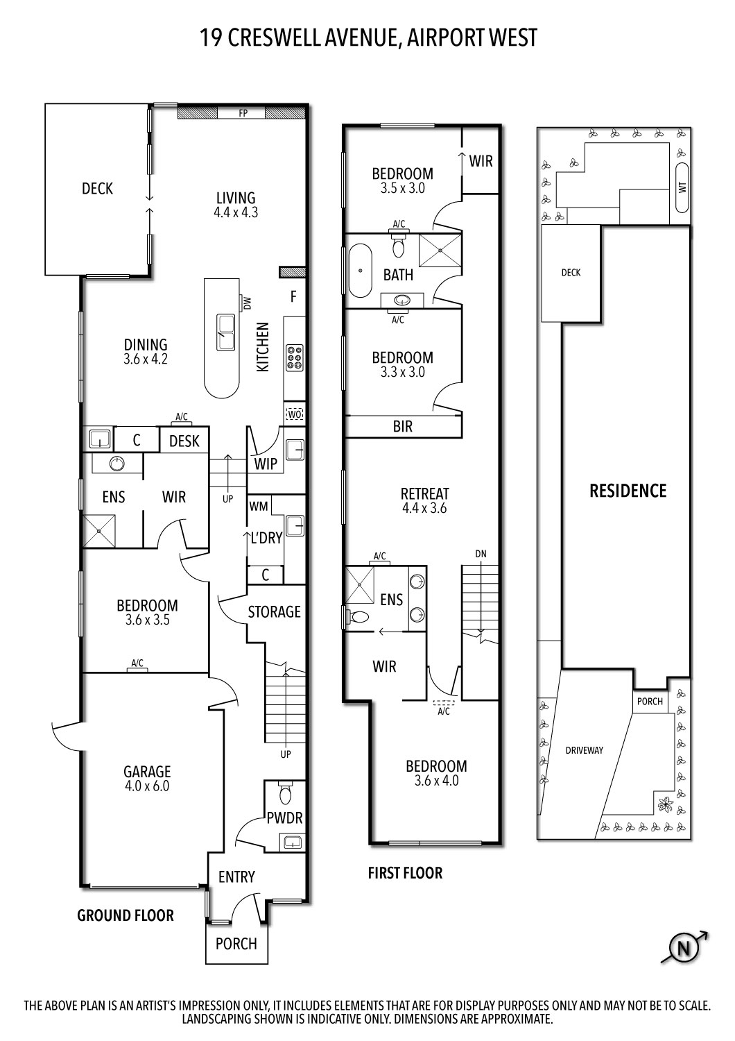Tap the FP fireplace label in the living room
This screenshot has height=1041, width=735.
pos(243,113)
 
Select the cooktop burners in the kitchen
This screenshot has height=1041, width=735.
pos(294,357)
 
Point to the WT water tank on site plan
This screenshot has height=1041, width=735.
pos(682,187)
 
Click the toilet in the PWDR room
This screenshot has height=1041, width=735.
pos(286,793)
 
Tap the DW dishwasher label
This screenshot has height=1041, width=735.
pos(245,303)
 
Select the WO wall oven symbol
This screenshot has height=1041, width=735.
pos(294,414)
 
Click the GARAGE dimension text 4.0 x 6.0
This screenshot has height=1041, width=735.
pos(147,786)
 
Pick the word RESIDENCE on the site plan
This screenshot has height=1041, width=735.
pos(628,491)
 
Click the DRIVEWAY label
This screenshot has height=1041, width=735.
pos(584,750)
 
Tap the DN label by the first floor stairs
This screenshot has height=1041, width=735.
pos(481,554)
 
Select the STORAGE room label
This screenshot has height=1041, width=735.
pos(275,611)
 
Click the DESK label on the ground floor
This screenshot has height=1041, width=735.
pos(184,441)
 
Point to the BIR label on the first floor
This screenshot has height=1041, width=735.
pos(402,426)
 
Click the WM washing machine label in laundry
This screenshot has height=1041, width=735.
pos(259,507)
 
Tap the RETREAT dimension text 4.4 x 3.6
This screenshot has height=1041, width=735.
pos(424,508)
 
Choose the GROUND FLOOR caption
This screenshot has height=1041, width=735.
pos(126,915)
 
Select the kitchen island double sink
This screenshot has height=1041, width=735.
pos(225,332)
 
